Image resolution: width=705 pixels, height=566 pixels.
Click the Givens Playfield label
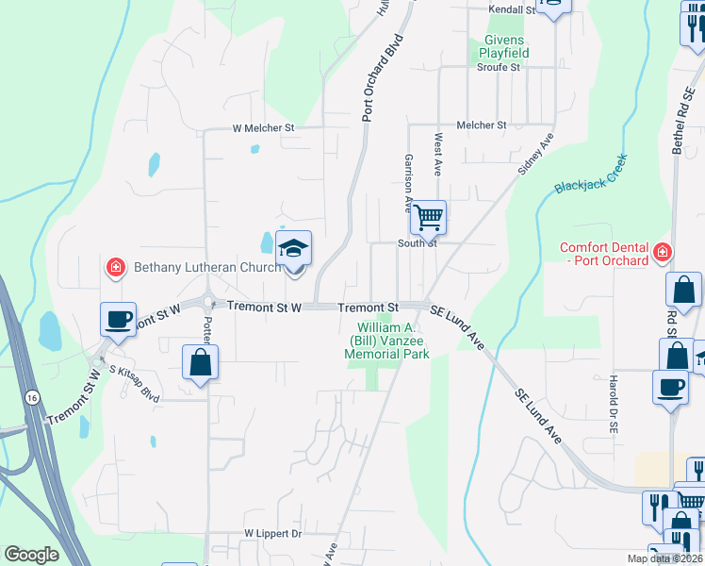coord(505,46)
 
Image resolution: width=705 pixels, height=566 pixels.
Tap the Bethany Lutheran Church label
coord(208,268)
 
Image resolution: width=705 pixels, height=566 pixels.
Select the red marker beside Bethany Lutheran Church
coord(116,268)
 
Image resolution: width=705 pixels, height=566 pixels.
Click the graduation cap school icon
coord(293,249)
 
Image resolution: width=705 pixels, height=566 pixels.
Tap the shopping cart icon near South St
coord(428,218)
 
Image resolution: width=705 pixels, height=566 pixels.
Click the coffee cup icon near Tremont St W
coord(119,319)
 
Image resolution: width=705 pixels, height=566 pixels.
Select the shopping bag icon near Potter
coord(201,361)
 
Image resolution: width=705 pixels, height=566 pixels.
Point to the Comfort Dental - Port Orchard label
coord(603,255)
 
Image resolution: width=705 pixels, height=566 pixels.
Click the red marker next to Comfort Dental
coord(663,253)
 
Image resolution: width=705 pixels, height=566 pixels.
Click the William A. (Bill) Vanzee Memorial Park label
coord(387,341)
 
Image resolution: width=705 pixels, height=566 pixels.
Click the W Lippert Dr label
coord(272,534)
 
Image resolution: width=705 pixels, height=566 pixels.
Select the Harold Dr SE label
coord(613,403)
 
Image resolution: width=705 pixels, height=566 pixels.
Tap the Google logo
coord(31,555)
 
